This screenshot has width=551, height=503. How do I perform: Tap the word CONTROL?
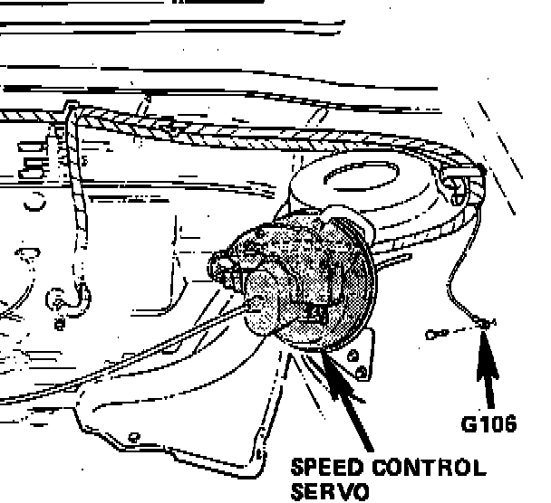tap(430, 469)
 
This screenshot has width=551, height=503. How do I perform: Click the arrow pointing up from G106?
tap(490, 371)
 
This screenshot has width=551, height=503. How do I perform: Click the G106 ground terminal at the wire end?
tap(487, 323)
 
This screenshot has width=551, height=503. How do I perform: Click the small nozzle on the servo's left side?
tap(217, 267)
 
